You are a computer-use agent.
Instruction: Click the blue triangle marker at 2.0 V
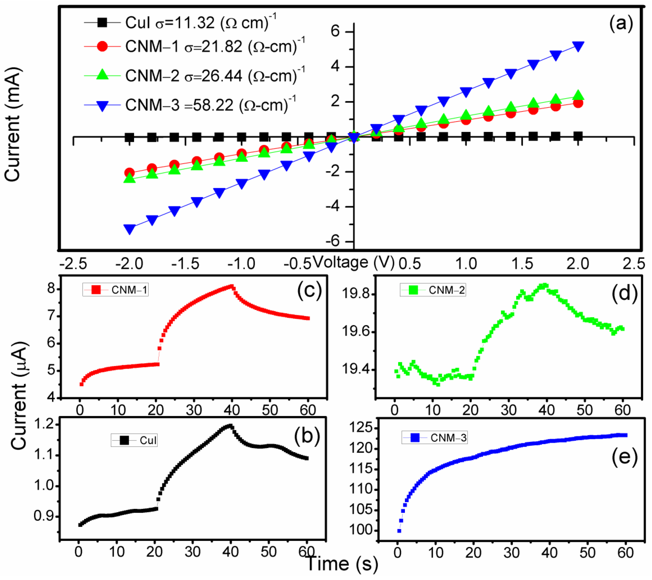578,47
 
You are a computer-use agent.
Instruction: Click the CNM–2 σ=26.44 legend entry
194,76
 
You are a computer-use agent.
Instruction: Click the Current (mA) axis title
13,124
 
